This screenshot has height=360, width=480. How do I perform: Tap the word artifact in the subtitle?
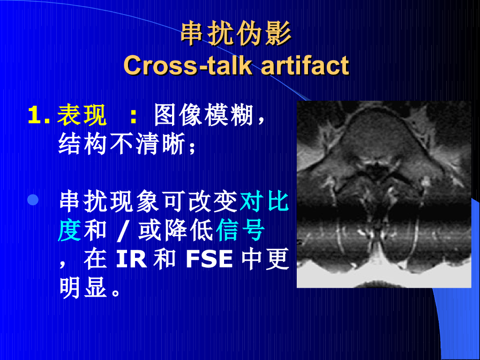click(305, 66)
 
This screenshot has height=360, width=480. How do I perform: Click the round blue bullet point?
click(33, 201)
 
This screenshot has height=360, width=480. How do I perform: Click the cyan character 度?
click(69, 231)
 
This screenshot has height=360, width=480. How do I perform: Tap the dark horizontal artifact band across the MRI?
click(384, 211)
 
